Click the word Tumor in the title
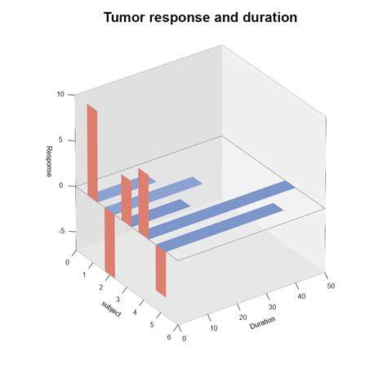[126, 18]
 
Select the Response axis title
[49, 162]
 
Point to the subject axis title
[111, 309]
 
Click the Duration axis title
[262, 322]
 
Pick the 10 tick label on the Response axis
[60, 94]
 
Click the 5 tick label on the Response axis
[60, 140]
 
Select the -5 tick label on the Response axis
[61, 231]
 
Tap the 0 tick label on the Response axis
[60, 185]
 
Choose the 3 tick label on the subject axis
[118, 300]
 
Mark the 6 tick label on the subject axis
[169, 337]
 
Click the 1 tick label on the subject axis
[84, 275]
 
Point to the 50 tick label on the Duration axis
[331, 286]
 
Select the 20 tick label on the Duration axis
[243, 317]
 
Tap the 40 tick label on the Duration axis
[301, 296]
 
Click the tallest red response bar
[92, 153]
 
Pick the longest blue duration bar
[221, 210]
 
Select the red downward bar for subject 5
[161, 270]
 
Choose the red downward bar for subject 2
[110, 242]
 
